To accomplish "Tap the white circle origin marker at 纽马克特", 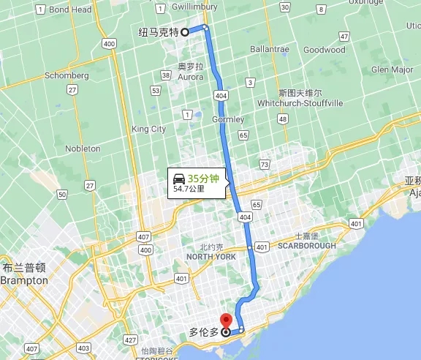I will [x=185, y=31].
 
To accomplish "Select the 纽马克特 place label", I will [x=159, y=32].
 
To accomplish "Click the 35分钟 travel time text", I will [x=203, y=178].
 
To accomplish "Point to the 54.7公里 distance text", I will [x=189, y=189].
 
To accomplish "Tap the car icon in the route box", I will [x=178, y=178].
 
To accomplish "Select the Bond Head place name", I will [x=70, y=10].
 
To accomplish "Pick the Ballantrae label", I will [x=269, y=50].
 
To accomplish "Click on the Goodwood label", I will [x=324, y=50].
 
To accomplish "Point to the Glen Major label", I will [x=392, y=70].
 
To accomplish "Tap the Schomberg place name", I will [x=67, y=75].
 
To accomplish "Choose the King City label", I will [x=148, y=129].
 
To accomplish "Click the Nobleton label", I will [x=83, y=149].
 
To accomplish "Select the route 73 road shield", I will [x=264, y=165].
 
